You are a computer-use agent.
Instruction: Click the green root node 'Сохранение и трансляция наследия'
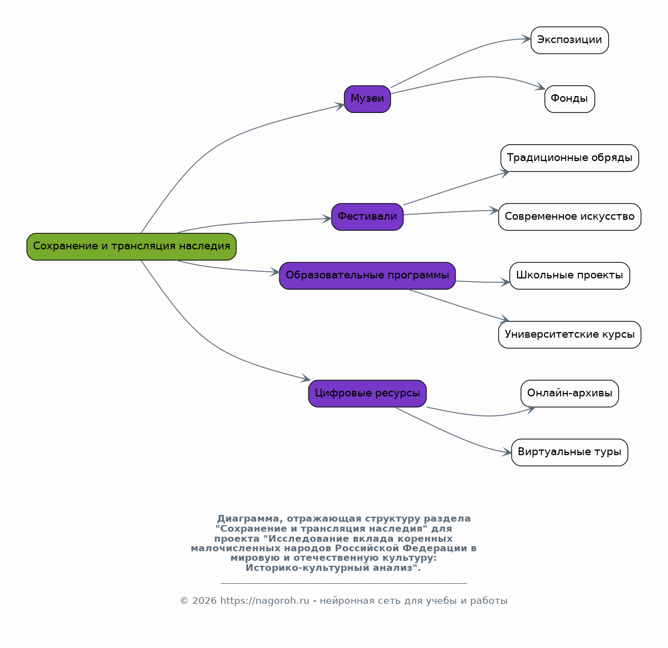click(131, 246)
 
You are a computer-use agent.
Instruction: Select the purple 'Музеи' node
click(367, 99)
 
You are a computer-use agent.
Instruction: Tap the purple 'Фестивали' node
click(367, 217)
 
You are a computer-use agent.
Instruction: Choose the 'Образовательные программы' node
click(367, 276)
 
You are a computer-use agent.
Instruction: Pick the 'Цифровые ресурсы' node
click(367, 394)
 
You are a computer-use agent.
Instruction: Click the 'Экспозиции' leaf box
click(570, 40)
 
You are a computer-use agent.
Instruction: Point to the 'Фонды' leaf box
click(570, 99)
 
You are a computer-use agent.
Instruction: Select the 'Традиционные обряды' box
click(570, 158)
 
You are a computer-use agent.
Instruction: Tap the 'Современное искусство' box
click(570, 217)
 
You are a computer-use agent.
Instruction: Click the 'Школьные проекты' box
click(570, 276)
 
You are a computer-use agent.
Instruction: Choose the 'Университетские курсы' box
click(570, 335)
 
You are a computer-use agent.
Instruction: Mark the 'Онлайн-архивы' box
click(570, 394)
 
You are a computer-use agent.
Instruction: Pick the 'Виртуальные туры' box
click(570, 452)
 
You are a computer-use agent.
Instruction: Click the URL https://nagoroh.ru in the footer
click(264, 600)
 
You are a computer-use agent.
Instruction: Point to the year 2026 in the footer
click(205, 600)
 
